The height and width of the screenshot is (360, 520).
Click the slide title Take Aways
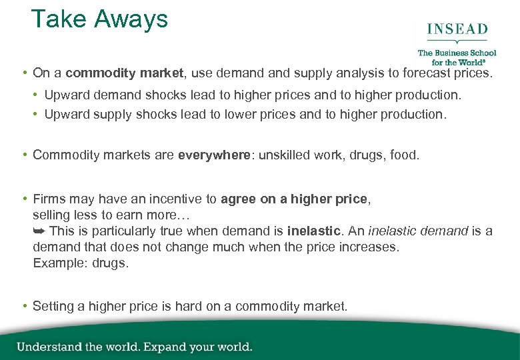[99, 19]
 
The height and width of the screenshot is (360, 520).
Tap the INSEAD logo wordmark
[457, 30]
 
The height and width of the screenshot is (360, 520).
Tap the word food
[404, 155]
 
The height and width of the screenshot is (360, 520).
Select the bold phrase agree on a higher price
[294, 199]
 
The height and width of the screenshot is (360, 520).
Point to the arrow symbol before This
[39, 231]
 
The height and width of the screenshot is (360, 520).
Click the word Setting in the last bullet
[54, 306]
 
